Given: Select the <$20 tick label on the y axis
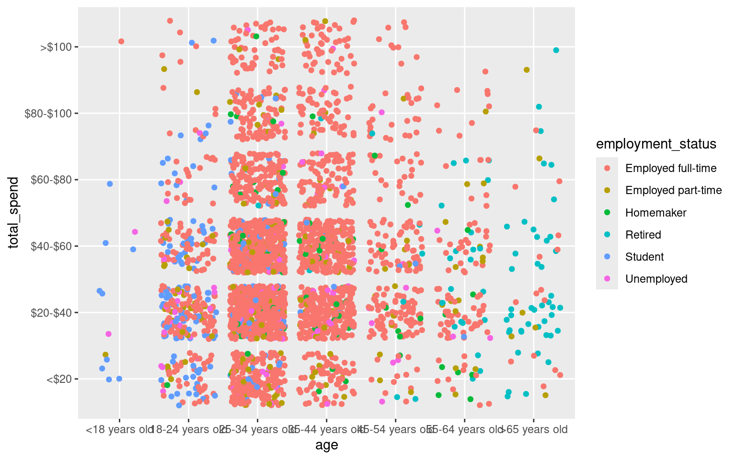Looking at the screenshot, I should pos(59,379).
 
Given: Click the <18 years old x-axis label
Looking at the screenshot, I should pos(118,429).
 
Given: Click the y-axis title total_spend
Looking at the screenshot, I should pos(14,213).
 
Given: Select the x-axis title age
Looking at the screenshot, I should pos(326,446).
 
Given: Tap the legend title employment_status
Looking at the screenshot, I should pos(656,144).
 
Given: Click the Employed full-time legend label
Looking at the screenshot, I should pos(671,169).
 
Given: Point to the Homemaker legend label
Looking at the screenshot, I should pos(655,213).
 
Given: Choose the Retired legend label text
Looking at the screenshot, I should pos(643,235).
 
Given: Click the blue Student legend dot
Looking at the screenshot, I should pos(608,257).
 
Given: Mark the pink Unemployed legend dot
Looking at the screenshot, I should pos(608,279).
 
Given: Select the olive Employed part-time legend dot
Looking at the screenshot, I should pos(608,191).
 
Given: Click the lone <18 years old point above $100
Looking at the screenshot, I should pos(121,42).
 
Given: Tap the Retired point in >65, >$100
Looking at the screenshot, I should pos(556,50).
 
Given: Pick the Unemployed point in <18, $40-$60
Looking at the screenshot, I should pos(135,232).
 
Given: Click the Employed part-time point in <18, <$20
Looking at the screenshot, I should pos(105,355).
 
